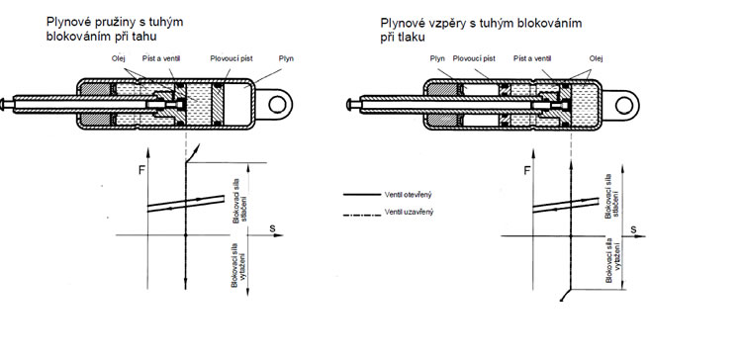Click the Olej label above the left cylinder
[119, 58]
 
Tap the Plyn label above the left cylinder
[286, 58]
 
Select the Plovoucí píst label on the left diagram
[232, 58]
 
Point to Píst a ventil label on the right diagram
[532, 58]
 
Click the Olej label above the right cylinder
[597, 58]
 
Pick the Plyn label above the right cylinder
[437, 58]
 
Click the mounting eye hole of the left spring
[277, 104]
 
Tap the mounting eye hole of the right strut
[624, 105]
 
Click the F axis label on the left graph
[141, 170]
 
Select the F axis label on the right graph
[527, 170]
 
